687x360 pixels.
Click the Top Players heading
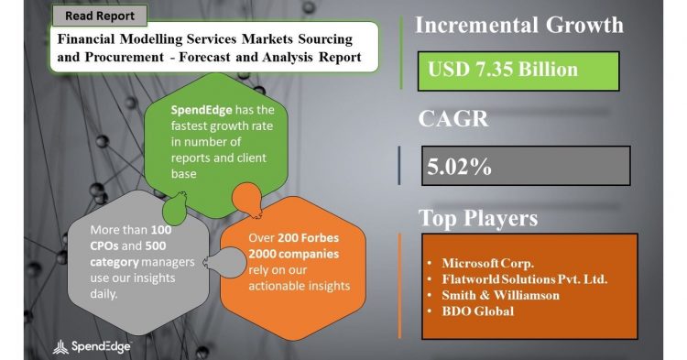[x=477, y=218]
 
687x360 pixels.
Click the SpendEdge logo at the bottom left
[x=91, y=345]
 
